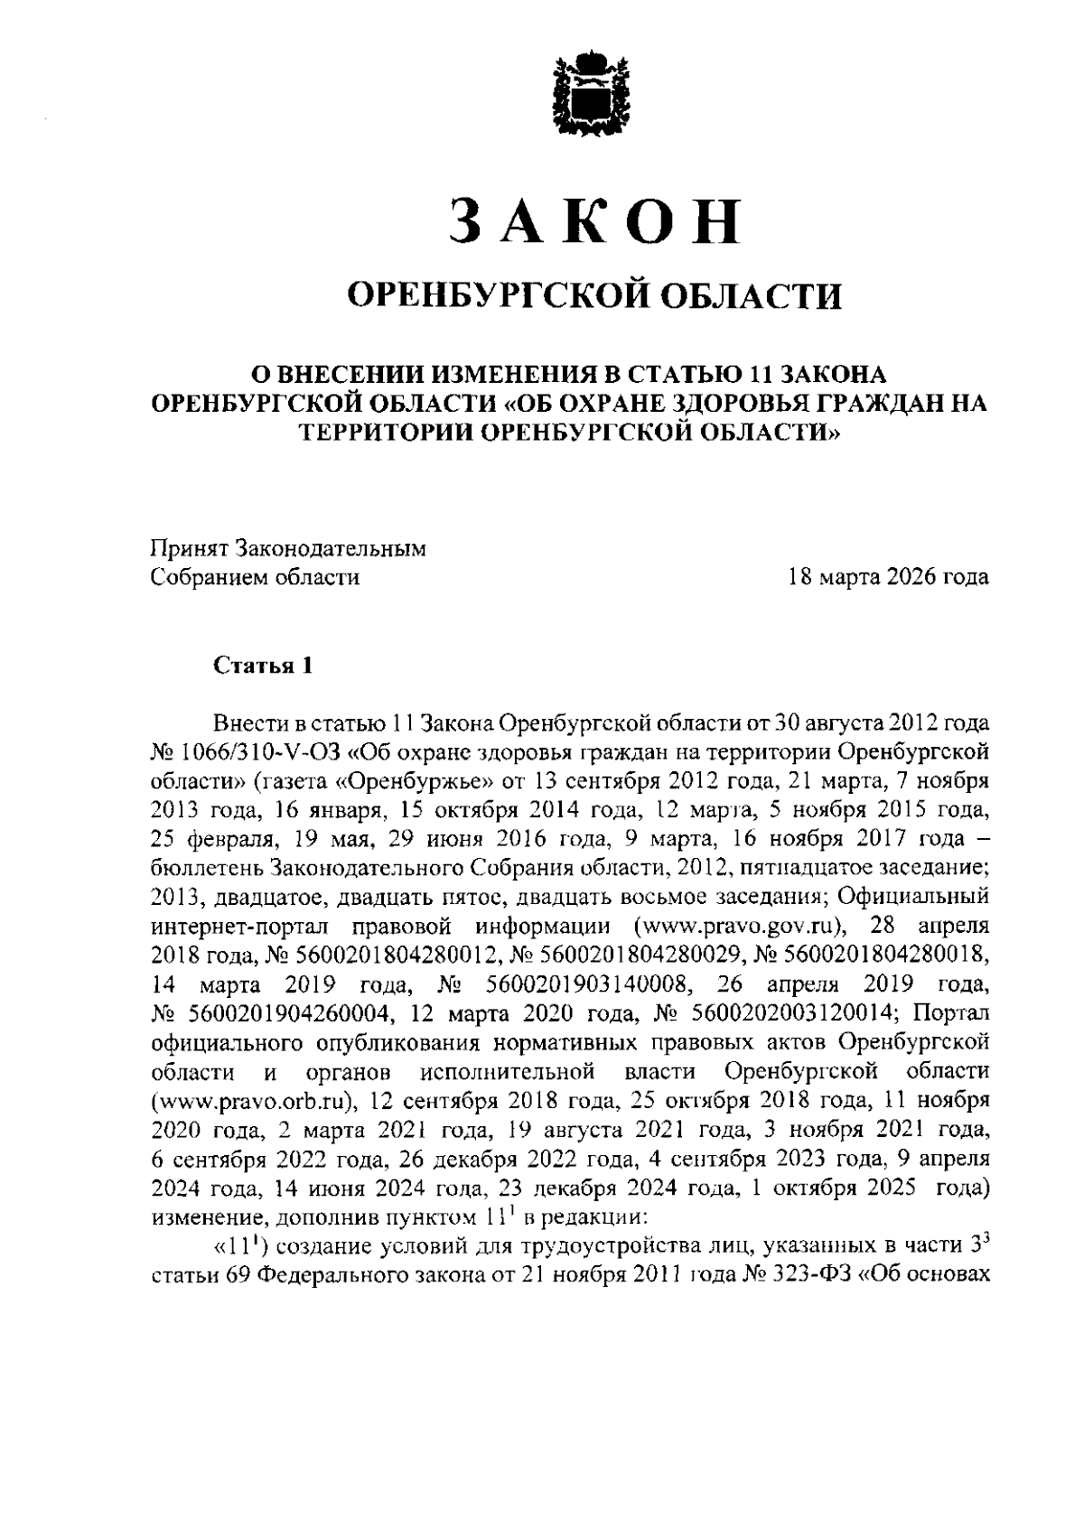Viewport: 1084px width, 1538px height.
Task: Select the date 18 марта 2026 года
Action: pos(889,576)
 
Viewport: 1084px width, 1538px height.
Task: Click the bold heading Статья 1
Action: pos(264,666)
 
